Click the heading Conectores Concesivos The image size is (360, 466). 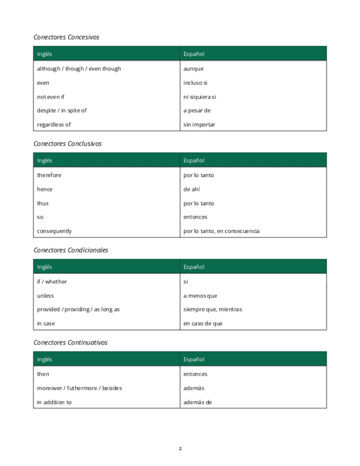66,37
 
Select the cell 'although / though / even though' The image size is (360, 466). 79,69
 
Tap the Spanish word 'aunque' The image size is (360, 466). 193,69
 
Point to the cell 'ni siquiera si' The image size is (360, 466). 200,97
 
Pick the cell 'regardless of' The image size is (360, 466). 54,125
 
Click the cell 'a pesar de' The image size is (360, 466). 197,110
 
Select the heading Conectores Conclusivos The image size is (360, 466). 67,144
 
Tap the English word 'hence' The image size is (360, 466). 45,189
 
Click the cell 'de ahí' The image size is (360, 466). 192,189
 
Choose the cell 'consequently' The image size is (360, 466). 54,231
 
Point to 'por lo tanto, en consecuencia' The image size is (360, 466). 221,231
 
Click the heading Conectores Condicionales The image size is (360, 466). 70,250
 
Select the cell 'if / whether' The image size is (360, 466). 52,282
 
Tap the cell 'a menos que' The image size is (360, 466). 200,296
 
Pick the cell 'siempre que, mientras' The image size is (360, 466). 212,309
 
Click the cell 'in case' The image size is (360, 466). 46,324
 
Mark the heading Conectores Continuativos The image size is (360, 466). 70,343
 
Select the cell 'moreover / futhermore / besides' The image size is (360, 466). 79,388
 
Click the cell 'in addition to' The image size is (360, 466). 54,402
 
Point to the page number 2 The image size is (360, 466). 180,448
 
